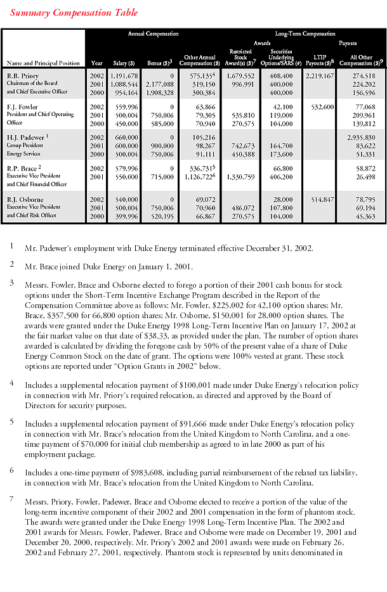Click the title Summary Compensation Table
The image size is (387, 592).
click(74, 13)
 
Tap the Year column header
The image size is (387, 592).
click(96, 63)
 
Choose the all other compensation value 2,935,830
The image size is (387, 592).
click(358, 136)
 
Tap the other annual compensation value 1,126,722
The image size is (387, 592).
click(198, 176)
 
